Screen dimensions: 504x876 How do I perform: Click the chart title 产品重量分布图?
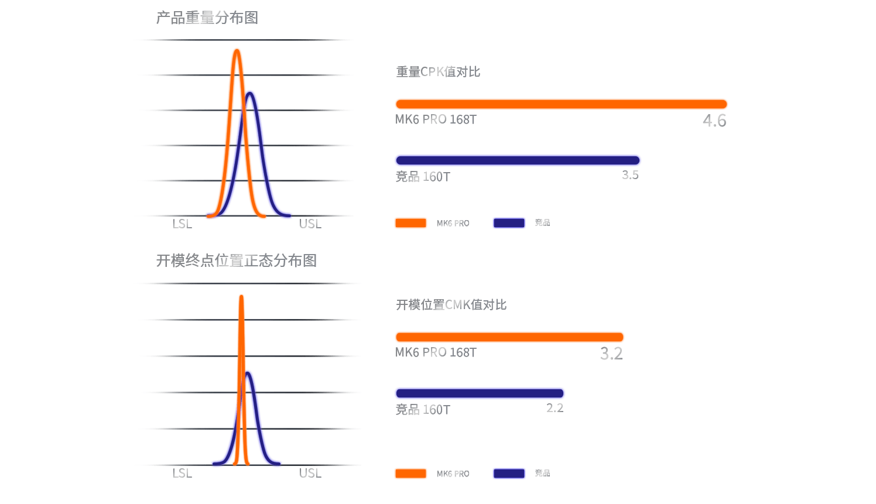[x=207, y=18]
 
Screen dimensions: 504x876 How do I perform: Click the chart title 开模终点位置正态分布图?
[x=236, y=260]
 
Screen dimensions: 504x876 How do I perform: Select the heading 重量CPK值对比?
[x=438, y=72]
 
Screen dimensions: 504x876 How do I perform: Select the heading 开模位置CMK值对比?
[x=451, y=305]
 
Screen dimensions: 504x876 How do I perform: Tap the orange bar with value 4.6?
[x=561, y=104]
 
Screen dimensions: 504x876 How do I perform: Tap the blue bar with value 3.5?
[x=518, y=160]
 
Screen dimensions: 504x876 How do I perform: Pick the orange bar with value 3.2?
[x=509, y=337]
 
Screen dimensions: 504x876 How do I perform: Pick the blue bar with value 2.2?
[x=480, y=393]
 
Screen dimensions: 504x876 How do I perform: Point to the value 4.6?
[x=714, y=121]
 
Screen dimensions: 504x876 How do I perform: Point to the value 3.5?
[x=630, y=175]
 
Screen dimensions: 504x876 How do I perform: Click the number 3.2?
[x=611, y=354]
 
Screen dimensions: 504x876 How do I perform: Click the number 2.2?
[x=555, y=408]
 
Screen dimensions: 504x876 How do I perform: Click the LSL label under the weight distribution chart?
[x=182, y=224]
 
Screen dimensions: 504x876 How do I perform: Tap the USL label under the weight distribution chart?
[x=310, y=224]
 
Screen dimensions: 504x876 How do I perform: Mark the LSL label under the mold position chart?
[x=182, y=474]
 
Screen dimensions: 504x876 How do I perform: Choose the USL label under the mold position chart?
[x=310, y=474]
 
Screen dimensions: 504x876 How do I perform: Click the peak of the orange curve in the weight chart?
[x=237, y=51]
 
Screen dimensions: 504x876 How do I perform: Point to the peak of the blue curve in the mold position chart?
[x=249, y=372]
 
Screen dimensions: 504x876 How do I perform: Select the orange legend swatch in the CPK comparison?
[x=410, y=223]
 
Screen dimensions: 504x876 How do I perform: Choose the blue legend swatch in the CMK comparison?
[x=509, y=474]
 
